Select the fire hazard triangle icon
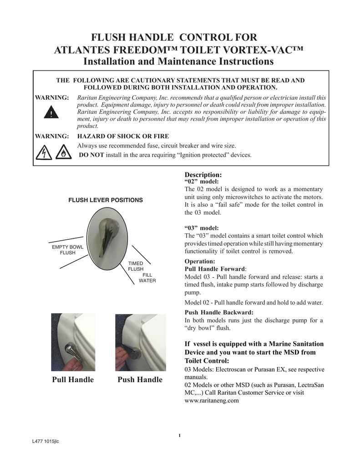[x=63, y=154]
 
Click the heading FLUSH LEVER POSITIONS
[x=106, y=200]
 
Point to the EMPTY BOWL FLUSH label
[x=64, y=250]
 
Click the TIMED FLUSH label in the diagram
[x=135, y=266]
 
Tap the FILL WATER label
[x=147, y=278]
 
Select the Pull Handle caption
[x=73, y=380]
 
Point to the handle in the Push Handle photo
[x=134, y=353]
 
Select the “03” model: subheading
[x=202, y=228]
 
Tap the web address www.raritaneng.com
[x=212, y=401]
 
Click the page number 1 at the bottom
[x=180, y=436]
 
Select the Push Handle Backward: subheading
[x=219, y=312]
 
